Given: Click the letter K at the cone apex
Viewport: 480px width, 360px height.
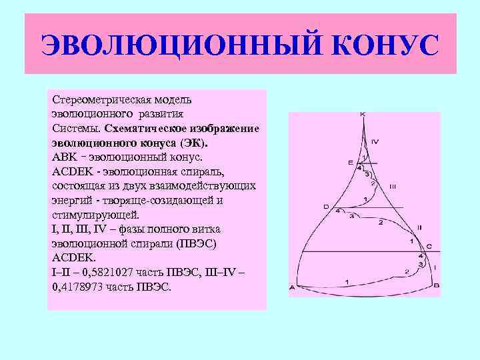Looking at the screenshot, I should tap(363, 115).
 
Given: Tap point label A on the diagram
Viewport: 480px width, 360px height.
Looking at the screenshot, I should tap(292, 287).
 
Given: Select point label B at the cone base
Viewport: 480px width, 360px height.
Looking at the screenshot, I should tap(435, 285).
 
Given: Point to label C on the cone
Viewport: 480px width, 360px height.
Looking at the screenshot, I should tap(429, 247).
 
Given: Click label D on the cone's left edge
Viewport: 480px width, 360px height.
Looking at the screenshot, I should tap(326, 207).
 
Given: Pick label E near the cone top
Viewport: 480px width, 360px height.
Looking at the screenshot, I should tap(350, 162).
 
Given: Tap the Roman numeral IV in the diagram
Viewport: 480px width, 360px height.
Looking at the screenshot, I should tap(375, 141).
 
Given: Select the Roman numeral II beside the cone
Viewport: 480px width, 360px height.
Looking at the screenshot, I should tap(419, 227).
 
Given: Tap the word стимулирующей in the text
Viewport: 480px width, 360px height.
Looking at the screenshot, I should tap(93, 215).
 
